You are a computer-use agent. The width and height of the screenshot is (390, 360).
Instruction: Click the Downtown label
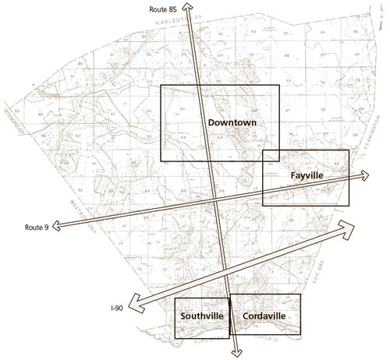click(232, 123)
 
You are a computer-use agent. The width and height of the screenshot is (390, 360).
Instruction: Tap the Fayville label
click(307, 175)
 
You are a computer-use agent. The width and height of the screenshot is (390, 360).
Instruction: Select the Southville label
click(202, 316)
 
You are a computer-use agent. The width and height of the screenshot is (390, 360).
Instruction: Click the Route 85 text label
click(163, 9)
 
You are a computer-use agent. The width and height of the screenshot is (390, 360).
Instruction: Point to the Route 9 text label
click(36, 227)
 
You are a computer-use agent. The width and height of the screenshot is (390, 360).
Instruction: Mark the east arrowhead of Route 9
click(367, 175)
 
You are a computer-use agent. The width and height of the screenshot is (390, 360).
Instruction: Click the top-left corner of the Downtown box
click(161, 85)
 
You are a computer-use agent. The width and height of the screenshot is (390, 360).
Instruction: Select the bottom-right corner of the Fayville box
click(349, 206)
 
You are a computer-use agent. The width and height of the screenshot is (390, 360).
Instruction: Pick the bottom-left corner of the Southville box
click(175, 337)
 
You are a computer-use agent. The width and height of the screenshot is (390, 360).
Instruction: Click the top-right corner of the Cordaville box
click(299, 294)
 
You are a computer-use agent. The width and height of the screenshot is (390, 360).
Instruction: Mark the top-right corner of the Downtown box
click(278, 85)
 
